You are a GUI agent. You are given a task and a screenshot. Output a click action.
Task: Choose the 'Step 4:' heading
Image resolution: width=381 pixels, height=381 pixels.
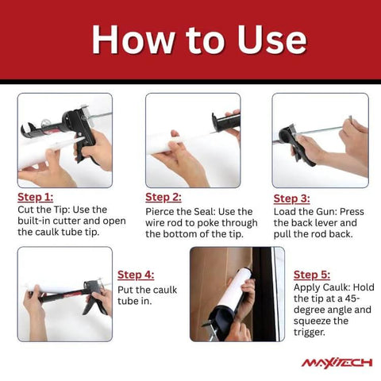click(136, 275)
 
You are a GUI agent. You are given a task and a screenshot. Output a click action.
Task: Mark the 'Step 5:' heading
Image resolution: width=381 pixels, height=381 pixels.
click(312, 275)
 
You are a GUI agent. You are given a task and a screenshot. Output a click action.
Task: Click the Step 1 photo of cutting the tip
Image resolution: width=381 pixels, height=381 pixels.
click(64, 140)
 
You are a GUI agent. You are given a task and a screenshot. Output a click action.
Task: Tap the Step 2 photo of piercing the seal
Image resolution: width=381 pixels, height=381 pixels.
click(192, 140)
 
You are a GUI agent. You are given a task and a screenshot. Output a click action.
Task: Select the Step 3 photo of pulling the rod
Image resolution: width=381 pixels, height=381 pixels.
click(320, 140)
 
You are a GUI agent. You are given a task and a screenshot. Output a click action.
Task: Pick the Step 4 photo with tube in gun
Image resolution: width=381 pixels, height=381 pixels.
click(64, 294)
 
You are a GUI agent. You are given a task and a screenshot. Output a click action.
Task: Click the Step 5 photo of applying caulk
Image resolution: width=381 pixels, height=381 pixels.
click(237, 294)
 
